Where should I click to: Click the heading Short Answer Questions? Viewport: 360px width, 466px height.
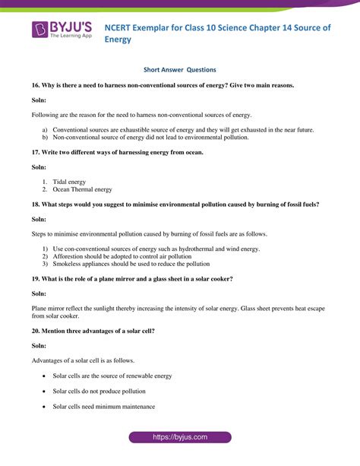coord(180,69)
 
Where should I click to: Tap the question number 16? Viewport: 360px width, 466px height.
coord(36,86)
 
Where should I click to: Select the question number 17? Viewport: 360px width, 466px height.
coord(36,153)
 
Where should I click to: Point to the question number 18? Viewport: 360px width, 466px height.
coord(36,204)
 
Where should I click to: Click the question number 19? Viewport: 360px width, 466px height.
coord(36,279)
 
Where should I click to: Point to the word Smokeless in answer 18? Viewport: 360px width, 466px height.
coord(69,264)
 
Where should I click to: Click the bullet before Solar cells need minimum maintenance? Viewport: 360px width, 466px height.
coord(45,407)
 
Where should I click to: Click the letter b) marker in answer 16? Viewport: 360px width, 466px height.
coord(45,138)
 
